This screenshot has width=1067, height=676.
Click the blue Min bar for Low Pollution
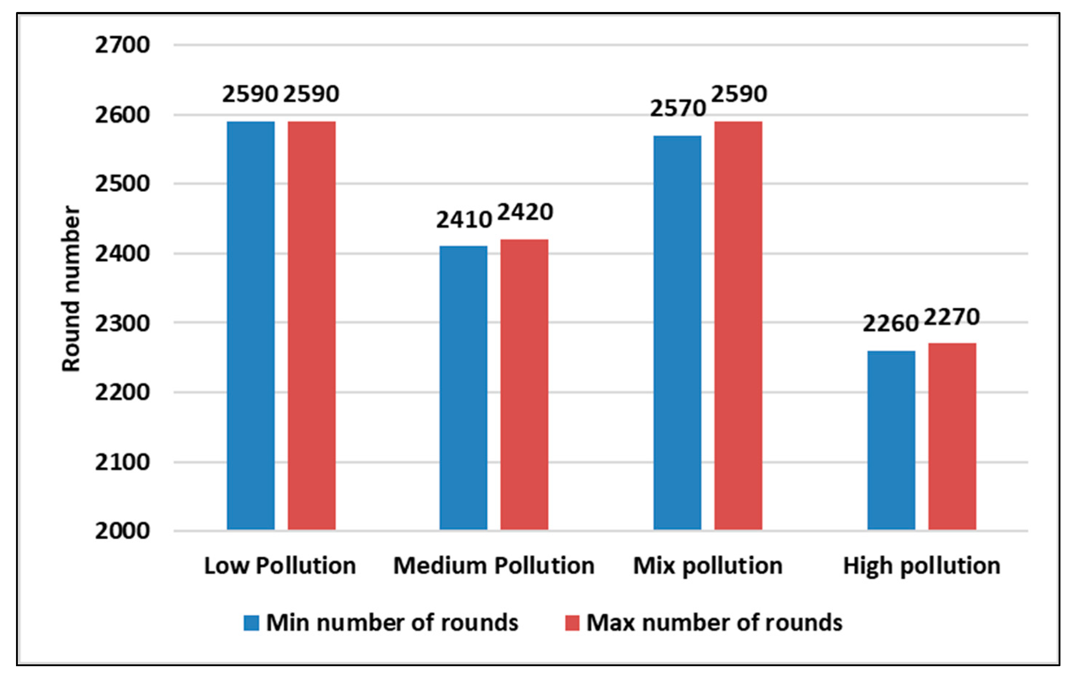[251, 325]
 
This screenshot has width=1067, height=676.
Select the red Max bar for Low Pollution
[311, 325]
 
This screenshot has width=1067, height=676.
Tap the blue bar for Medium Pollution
[464, 387]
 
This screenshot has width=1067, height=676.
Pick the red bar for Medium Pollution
[524, 384]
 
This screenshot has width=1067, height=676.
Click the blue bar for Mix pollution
[677, 332]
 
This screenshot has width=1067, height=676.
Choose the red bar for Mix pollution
[738, 325]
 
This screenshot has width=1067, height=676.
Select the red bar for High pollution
[952, 436]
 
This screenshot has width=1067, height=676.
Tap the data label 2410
[464, 220]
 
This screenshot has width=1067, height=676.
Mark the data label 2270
[952, 317]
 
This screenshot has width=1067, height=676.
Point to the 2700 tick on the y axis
[122, 45]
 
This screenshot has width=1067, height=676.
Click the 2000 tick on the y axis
[122, 531]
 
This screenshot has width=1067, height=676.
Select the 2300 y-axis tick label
[122, 323]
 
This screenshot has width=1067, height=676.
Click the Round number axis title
[71, 289]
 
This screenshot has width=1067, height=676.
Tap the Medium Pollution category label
[493, 566]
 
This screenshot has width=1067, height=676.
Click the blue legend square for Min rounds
[251, 623]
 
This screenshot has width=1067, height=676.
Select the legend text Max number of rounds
[714, 623]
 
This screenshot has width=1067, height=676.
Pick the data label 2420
[525, 212]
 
